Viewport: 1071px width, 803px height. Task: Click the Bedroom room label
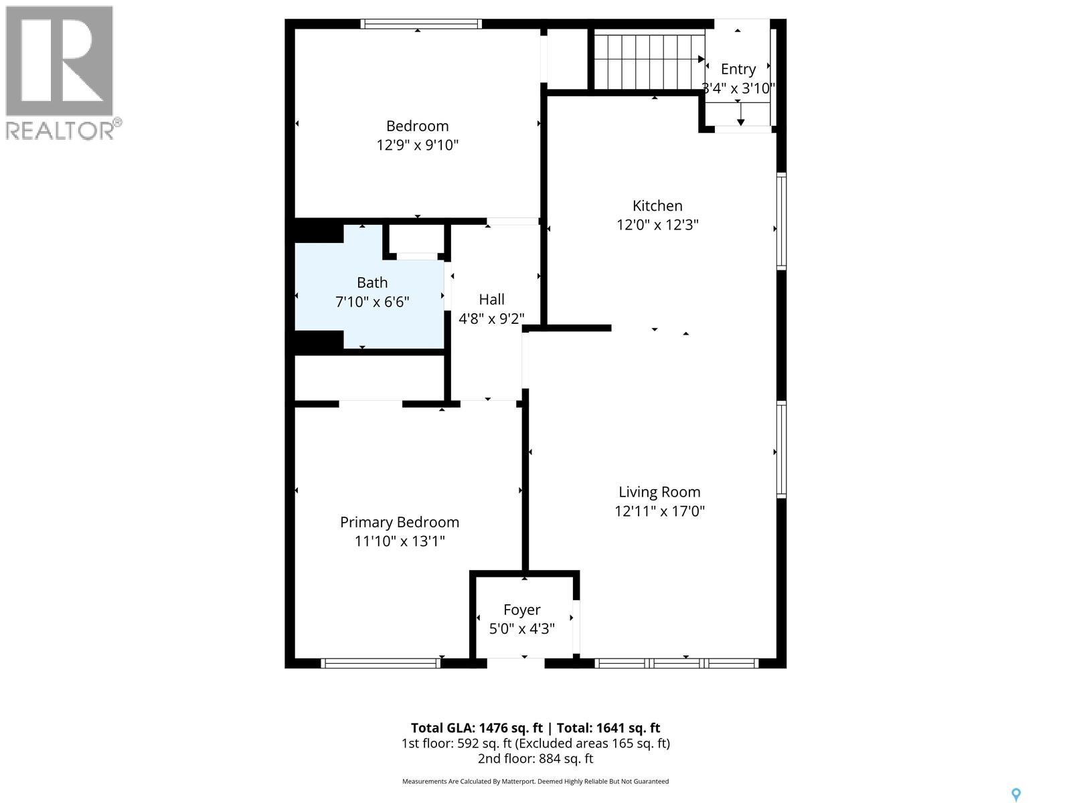coord(417,126)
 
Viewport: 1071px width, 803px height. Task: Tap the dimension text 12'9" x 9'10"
coord(417,145)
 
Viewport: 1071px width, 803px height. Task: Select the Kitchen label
coord(657,205)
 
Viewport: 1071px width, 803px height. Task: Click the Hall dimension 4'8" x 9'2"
coord(491,319)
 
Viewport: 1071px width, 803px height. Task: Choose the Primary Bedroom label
coord(400,522)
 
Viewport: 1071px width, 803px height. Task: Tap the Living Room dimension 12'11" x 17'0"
coord(659,511)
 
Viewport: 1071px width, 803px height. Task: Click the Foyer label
coord(521,610)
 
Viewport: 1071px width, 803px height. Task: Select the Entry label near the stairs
coord(738,69)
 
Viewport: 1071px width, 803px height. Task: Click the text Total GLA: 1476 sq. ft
coord(476,728)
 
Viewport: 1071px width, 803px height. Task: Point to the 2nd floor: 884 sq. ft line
coord(535,759)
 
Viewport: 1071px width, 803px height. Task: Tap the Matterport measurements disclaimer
coord(535,782)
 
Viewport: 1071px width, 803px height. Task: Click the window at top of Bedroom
coord(421,23)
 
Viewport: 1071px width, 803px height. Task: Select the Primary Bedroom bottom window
coord(380,663)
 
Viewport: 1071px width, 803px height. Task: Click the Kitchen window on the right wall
coord(781,221)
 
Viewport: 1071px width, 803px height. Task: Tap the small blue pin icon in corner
coord(1015,795)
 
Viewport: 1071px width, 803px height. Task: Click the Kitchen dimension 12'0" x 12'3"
coord(657,225)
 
